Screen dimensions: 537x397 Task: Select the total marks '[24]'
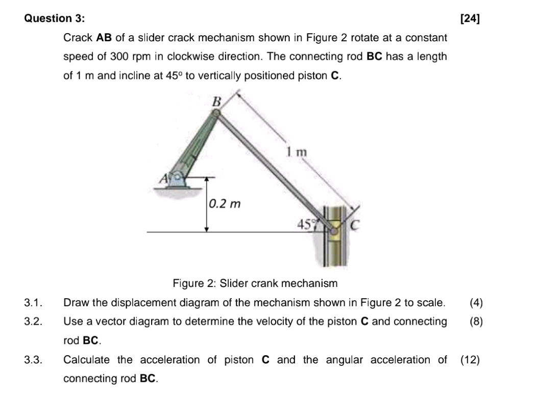(470, 19)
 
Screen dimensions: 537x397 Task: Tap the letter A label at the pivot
(163, 178)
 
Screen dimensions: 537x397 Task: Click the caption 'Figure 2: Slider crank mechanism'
(255, 283)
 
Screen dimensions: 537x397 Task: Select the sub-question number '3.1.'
(33, 303)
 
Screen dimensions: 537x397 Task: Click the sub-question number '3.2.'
(33, 322)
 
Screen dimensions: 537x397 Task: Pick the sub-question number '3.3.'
(33, 360)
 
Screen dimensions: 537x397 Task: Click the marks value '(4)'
(475, 303)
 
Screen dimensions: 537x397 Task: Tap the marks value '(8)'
(475, 322)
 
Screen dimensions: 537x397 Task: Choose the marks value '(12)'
(470, 360)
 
